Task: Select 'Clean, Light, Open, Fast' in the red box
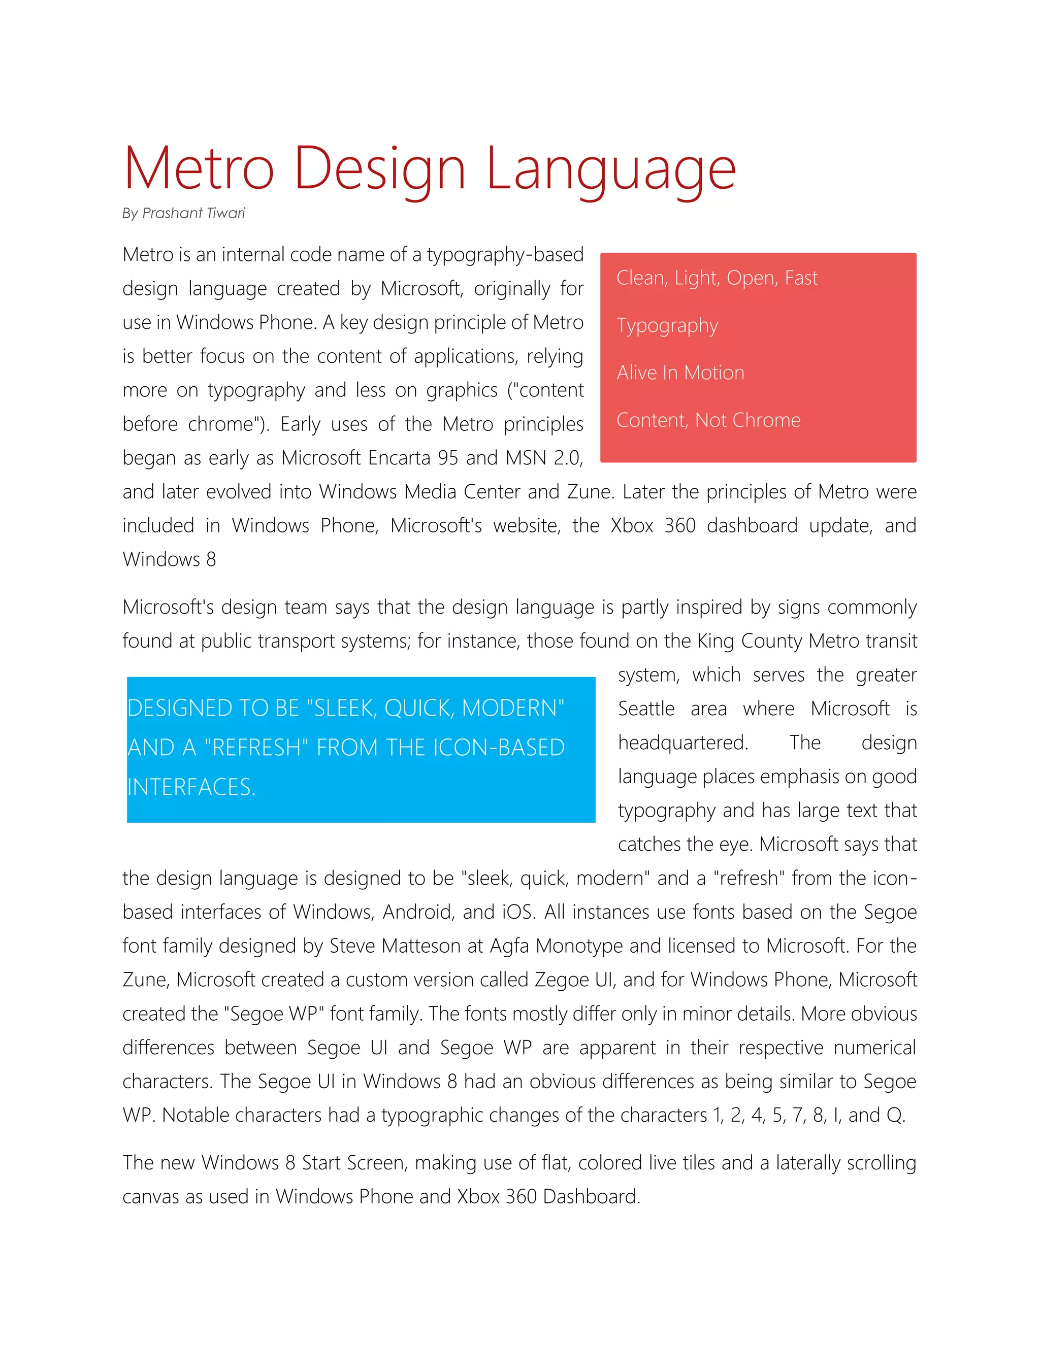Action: click(x=717, y=278)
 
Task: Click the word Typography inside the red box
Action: click(x=667, y=326)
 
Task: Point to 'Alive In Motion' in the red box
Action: click(x=680, y=373)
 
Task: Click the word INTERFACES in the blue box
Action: click(x=190, y=787)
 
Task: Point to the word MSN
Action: click(x=526, y=458)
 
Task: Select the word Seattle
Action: click(x=646, y=709)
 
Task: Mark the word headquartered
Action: click(x=682, y=743)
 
